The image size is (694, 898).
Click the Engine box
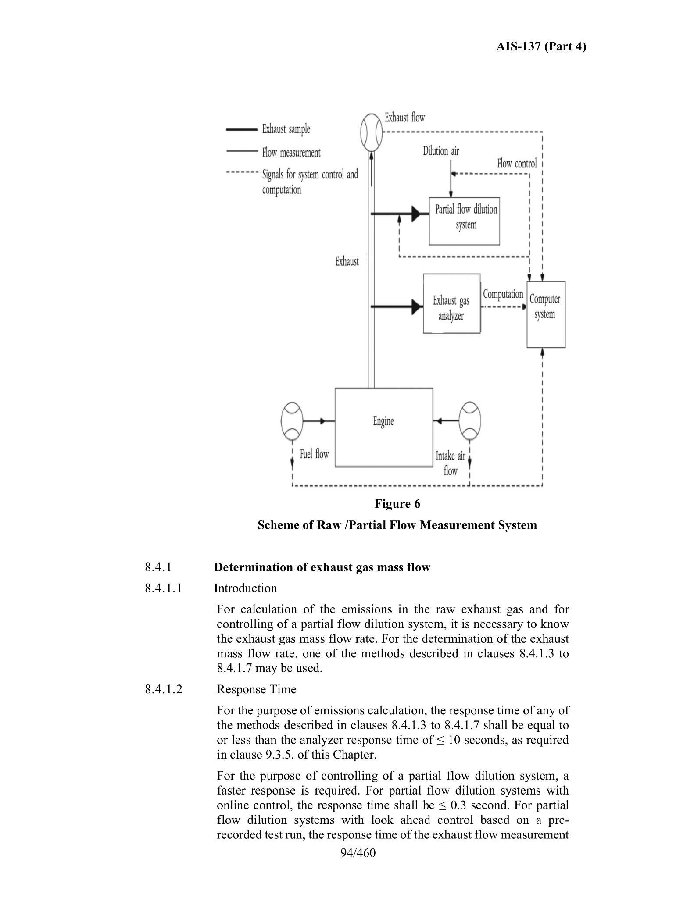(384, 428)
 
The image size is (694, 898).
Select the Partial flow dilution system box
(464, 221)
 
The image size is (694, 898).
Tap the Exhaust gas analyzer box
(451, 304)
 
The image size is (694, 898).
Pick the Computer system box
(546, 314)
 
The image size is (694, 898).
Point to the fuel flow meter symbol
(292, 421)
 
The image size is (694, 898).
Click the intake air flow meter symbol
(469, 421)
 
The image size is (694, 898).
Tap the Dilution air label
(441, 151)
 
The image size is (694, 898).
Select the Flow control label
(517, 164)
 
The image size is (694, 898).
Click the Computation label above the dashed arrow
(503, 294)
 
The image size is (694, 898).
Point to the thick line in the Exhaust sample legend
(241, 129)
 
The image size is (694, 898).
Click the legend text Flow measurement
(291, 153)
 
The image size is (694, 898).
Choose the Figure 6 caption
(397, 504)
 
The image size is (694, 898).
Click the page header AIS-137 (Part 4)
(541, 46)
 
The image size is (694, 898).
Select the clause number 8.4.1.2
(163, 689)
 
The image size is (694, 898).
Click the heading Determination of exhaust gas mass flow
(322, 567)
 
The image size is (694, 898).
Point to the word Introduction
(246, 588)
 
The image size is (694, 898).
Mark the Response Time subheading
(257, 689)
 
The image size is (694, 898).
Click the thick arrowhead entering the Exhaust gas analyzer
(417, 307)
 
